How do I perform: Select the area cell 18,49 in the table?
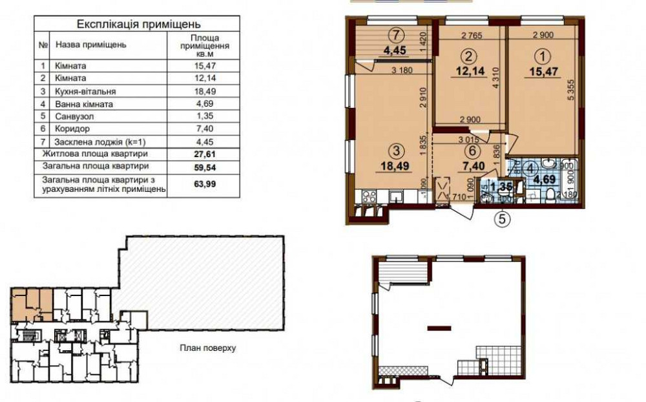coord(200,91)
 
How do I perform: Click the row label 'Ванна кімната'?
coord(84,103)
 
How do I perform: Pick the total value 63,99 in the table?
coord(200,185)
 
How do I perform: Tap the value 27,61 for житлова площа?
coord(200,154)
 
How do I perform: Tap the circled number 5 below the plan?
coord(503,218)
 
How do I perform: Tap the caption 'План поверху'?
coord(207,348)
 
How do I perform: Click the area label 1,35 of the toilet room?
coord(501,188)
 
